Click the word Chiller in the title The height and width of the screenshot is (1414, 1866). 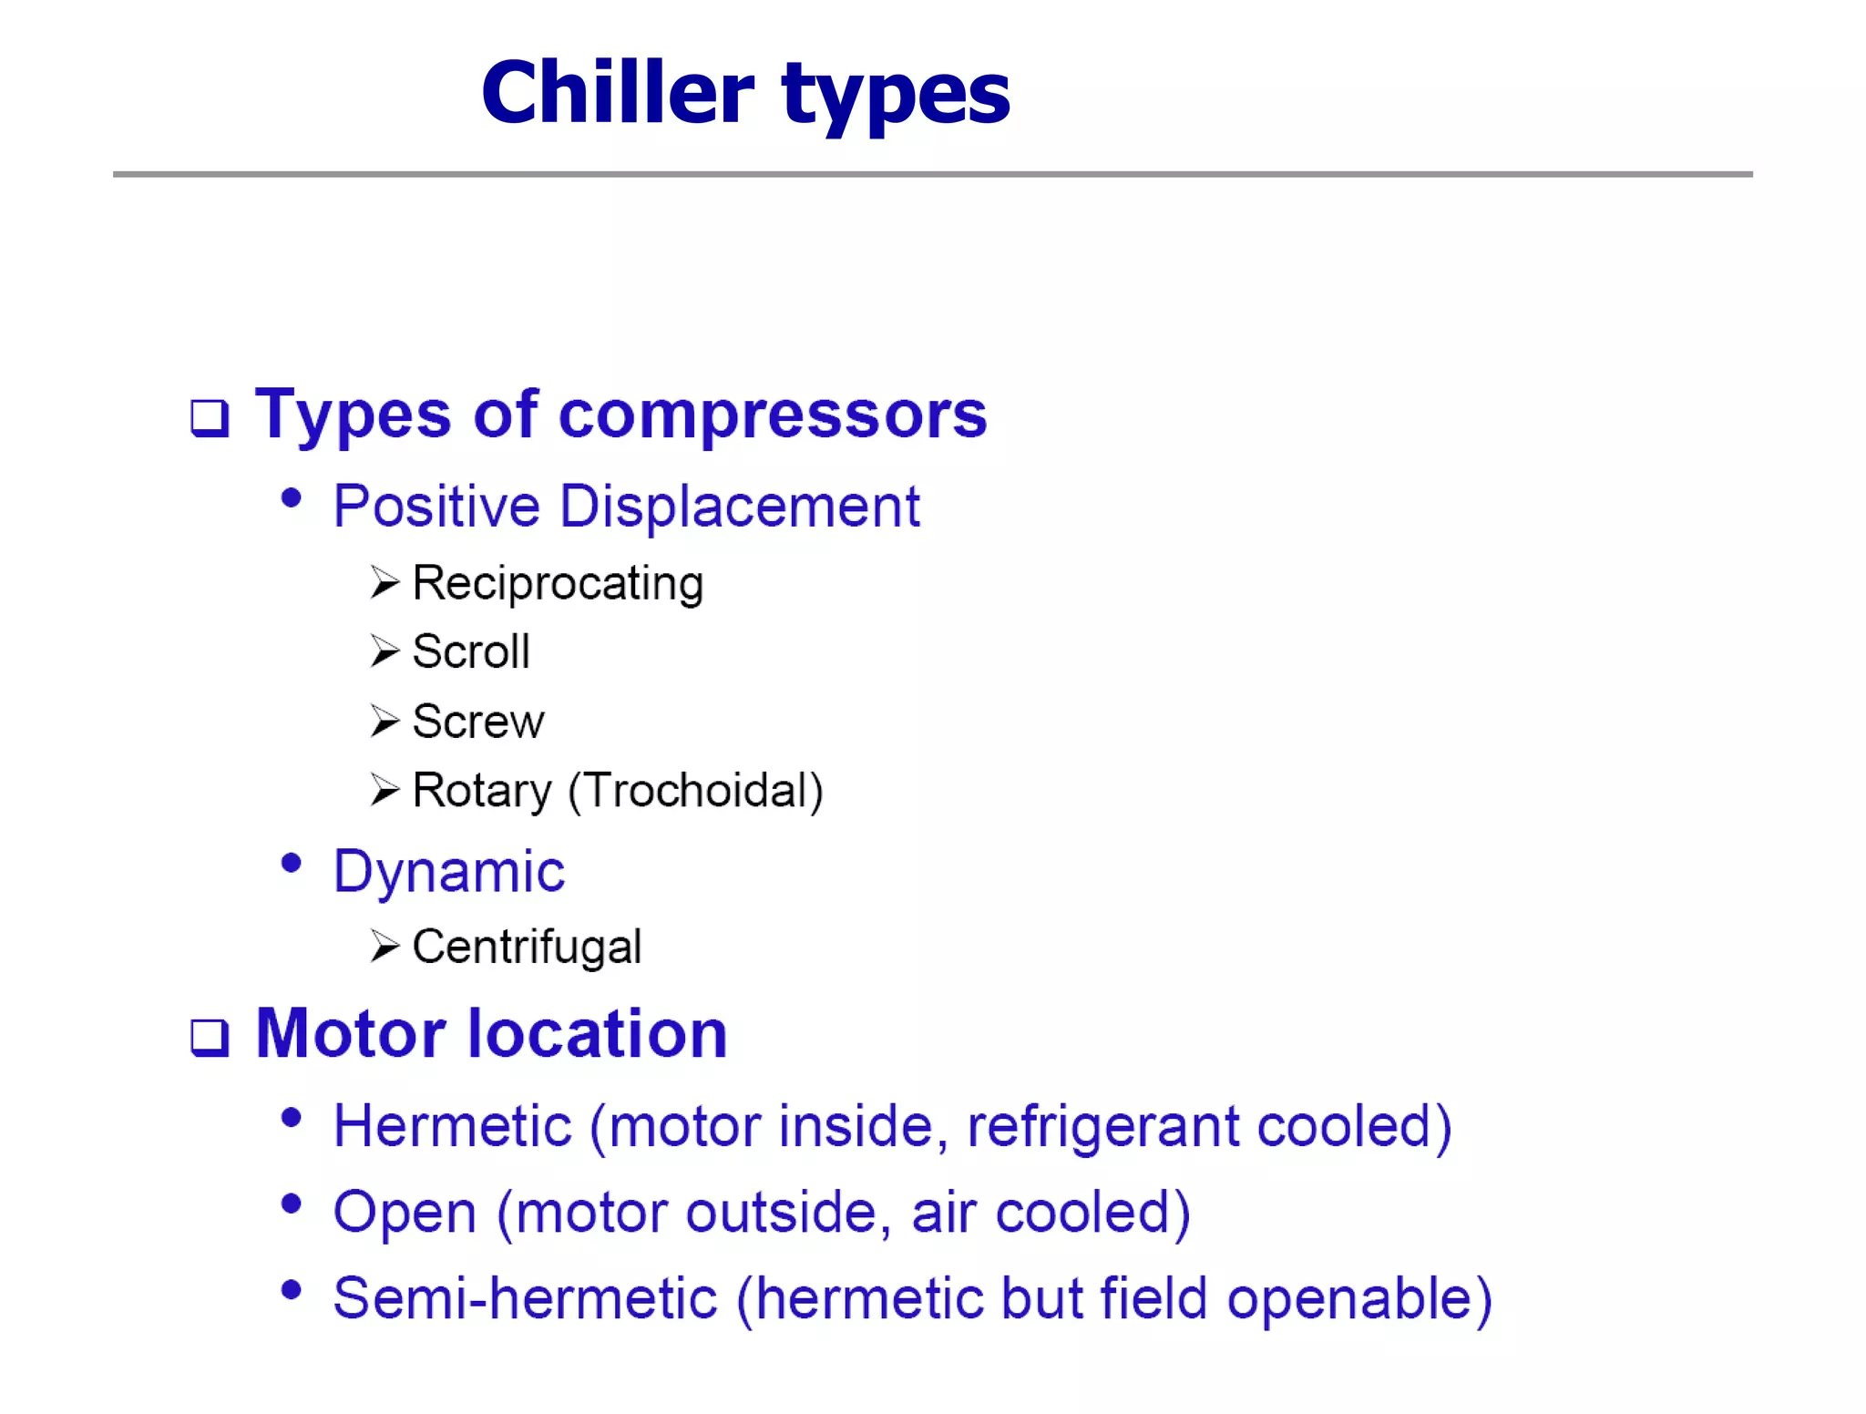tap(617, 93)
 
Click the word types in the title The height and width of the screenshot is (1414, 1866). tap(896, 95)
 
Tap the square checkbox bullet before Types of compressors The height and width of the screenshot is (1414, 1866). tap(210, 418)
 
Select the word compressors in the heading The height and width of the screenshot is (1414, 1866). tap(772, 415)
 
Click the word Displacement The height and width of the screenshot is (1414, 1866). tap(739, 507)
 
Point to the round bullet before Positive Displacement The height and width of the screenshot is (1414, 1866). tap(291, 498)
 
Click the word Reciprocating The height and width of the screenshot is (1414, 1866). tap(558, 584)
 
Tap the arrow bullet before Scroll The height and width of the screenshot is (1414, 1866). tap(384, 651)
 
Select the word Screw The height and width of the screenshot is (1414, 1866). tap(478, 722)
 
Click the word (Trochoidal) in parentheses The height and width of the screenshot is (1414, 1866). tap(695, 791)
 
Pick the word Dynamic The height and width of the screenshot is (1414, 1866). tap(449, 872)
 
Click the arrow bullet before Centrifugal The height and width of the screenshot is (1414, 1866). tap(384, 947)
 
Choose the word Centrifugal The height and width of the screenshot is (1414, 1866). tap(527, 947)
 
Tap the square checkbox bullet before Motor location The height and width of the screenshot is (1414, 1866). tap(210, 1038)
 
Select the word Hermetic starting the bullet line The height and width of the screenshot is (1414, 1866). tap(452, 1126)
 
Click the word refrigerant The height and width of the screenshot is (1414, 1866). tap(1102, 1127)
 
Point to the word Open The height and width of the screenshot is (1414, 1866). tap(405, 1214)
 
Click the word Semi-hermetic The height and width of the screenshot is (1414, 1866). tap(525, 1299)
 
